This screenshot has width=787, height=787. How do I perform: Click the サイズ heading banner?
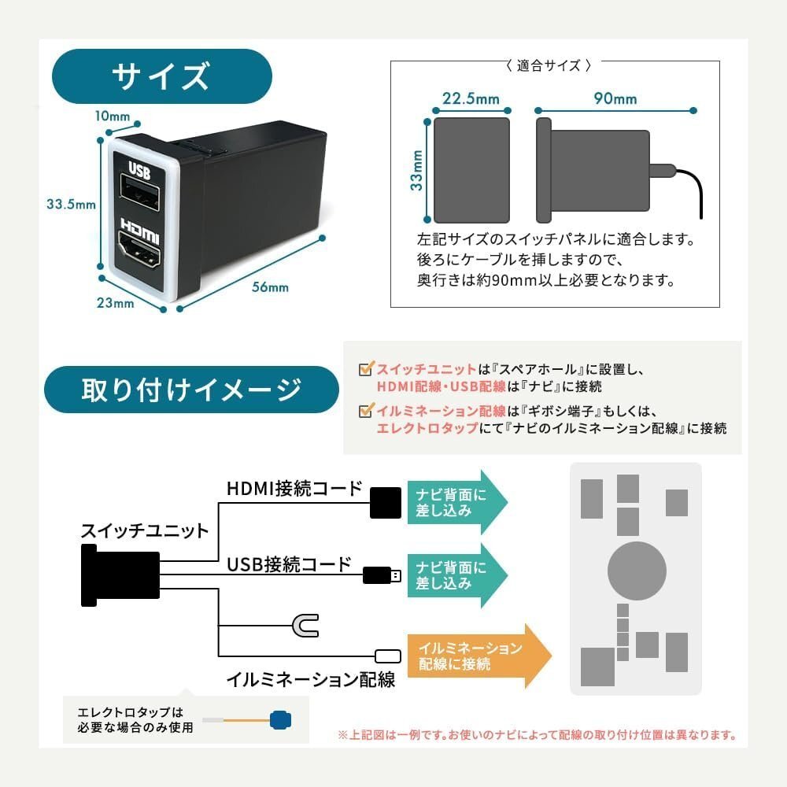point(161,77)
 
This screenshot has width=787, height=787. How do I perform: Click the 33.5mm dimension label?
point(71,204)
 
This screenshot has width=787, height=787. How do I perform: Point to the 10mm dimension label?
point(112,116)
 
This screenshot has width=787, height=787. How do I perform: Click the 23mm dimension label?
point(116,303)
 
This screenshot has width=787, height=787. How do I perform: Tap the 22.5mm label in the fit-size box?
point(471,98)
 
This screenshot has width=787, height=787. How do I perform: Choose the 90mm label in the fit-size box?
point(615,98)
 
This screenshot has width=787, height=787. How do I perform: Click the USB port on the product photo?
point(139,194)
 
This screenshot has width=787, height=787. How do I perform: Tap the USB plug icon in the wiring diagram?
point(382,575)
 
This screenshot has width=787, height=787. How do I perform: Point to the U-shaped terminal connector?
point(304,626)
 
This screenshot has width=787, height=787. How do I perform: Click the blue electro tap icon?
point(279,719)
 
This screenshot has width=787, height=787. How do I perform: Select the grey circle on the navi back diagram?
point(637,570)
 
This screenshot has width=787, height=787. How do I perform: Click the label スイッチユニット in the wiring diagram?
point(145,530)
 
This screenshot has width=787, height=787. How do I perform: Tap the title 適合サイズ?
point(549,66)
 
